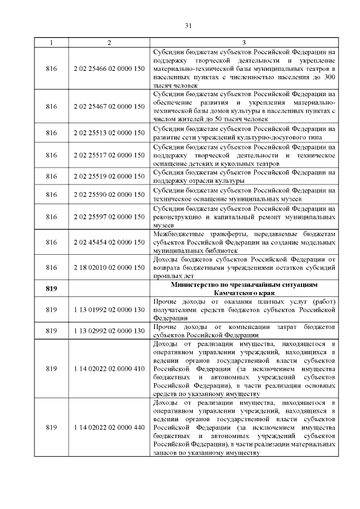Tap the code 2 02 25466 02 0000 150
pyautogui.click(x=109, y=69)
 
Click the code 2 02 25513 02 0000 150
pyautogui.click(x=109, y=133)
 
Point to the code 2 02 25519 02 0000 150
pyautogui.click(x=109, y=176)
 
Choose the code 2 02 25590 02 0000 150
pyautogui.click(x=109, y=194)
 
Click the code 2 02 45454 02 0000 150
pyautogui.click(x=109, y=242)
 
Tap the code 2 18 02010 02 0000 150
pyautogui.click(x=109, y=267)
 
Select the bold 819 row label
pyautogui.click(x=51, y=289)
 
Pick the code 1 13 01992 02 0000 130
pyautogui.click(x=109, y=309)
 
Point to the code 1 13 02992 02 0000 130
pyautogui.click(x=109, y=331)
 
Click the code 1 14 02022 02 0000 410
pyautogui.click(x=109, y=368)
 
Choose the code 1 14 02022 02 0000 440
pyautogui.click(x=109, y=427)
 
